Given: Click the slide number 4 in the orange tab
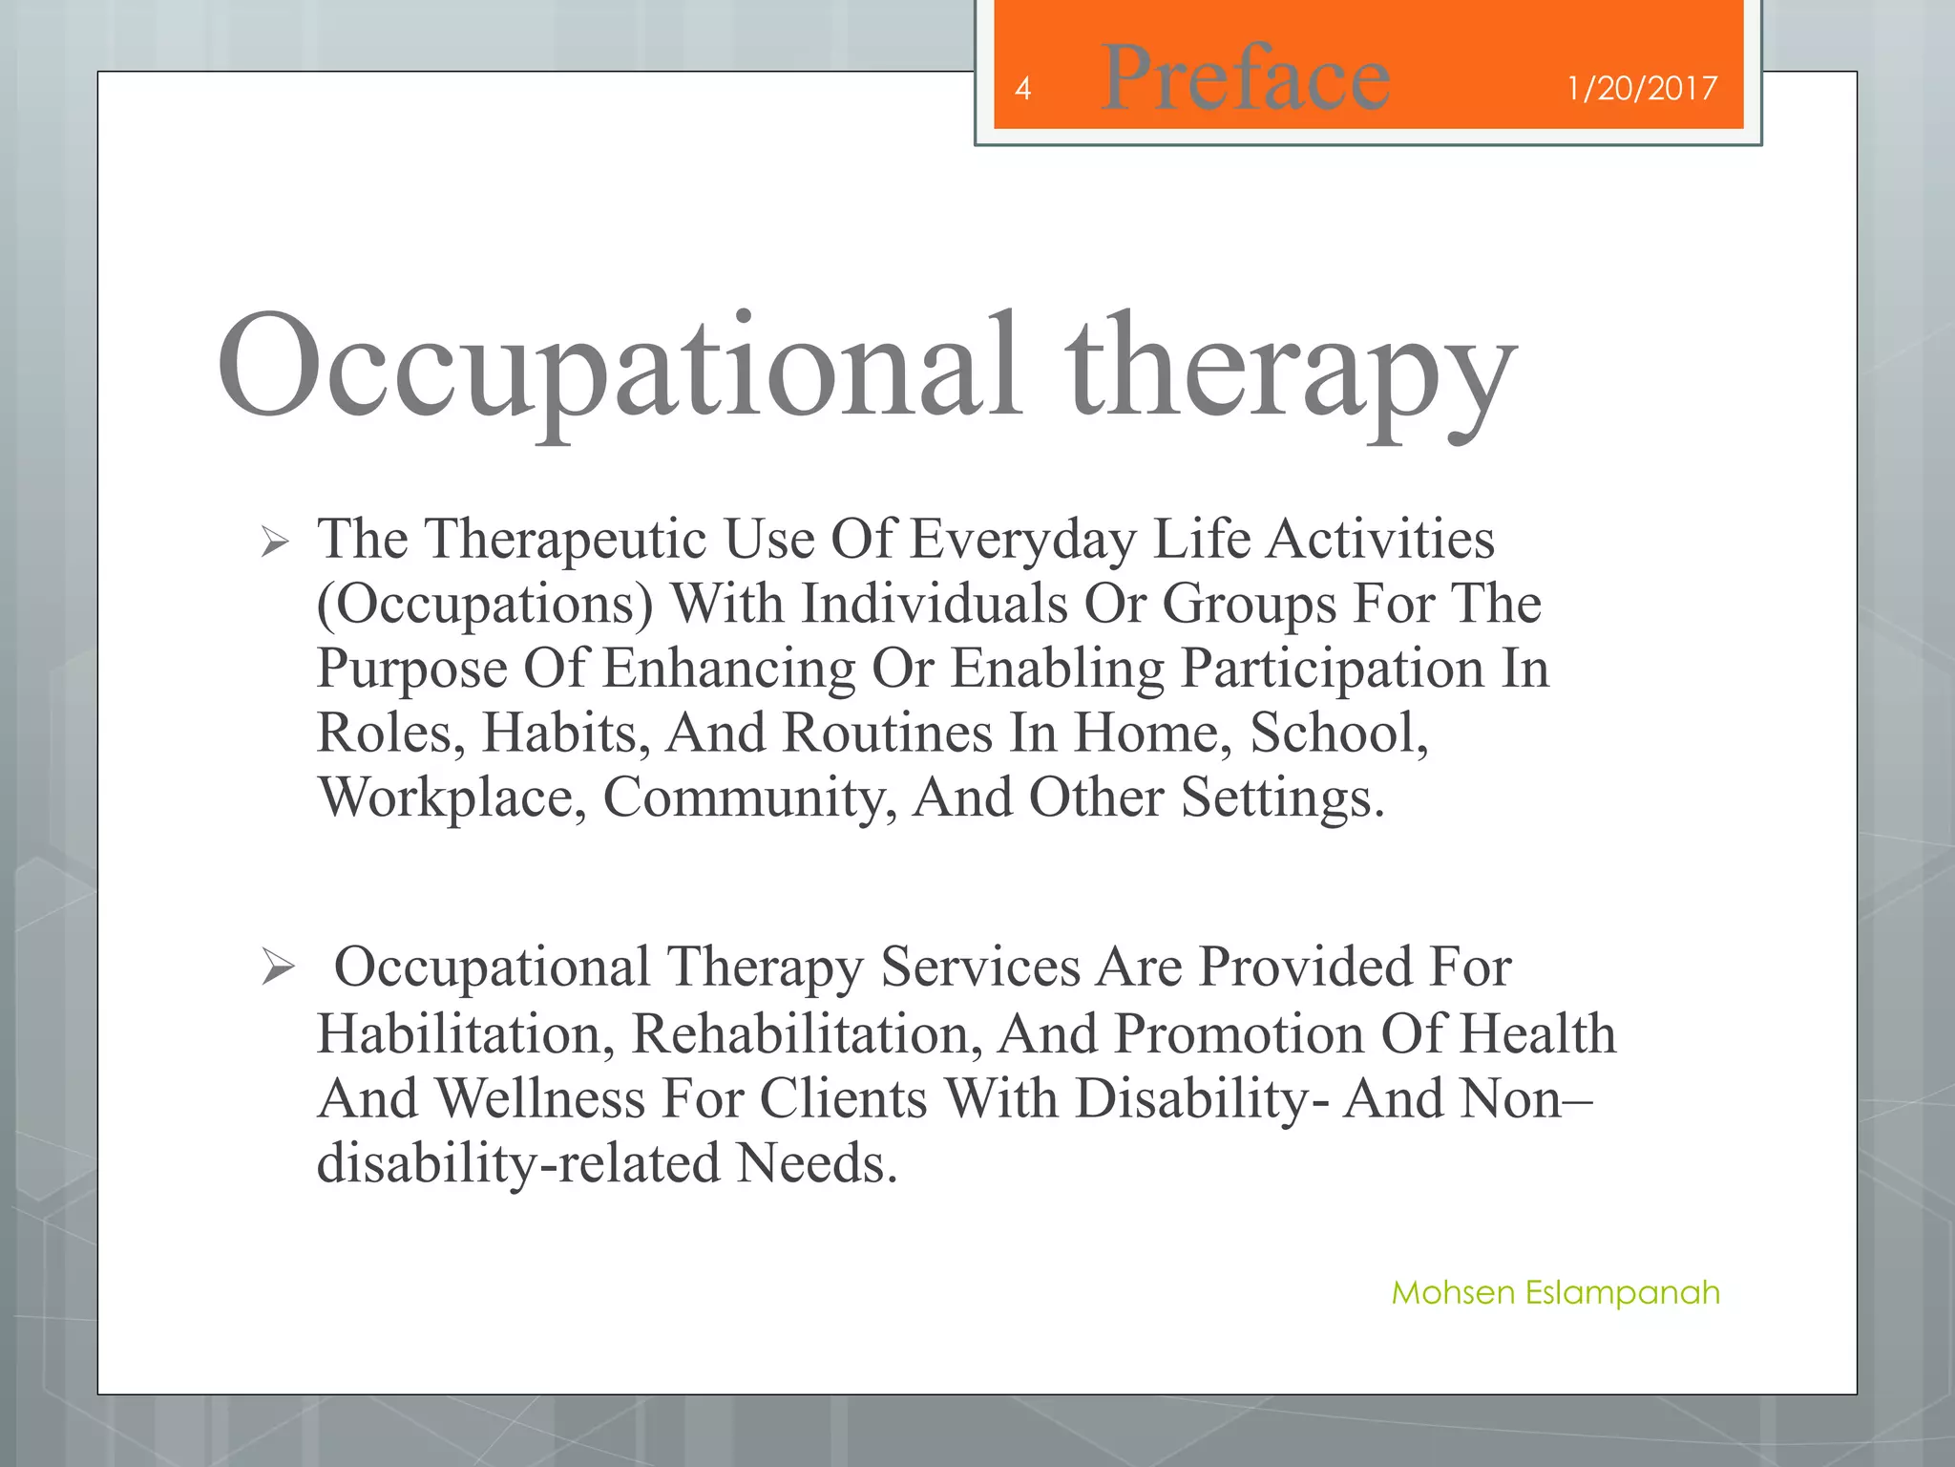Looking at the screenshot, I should click(1022, 89).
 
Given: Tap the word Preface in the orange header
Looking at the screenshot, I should click(1245, 78).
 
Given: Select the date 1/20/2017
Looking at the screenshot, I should click(1641, 89).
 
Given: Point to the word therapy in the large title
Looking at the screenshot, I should click(1291, 372).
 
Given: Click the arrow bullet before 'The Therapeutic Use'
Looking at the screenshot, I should click(275, 543).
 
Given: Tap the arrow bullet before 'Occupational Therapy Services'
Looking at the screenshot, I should click(278, 967).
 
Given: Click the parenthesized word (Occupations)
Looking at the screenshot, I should click(485, 605).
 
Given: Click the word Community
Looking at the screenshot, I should click(749, 797).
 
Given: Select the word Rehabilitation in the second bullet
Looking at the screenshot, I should click(807, 1034).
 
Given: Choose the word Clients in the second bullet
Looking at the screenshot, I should click(843, 1098).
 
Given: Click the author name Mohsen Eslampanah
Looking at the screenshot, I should click(1555, 1292).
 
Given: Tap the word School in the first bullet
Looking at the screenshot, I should click(1338, 733).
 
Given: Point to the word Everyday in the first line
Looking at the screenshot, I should click(1022, 540).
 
